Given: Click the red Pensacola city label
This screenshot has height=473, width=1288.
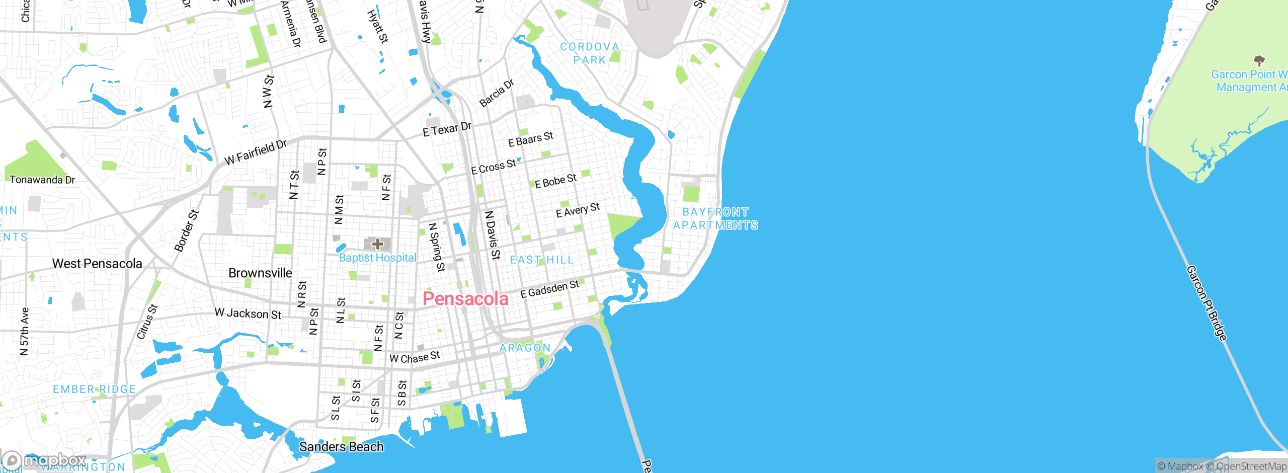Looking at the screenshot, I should [x=465, y=299].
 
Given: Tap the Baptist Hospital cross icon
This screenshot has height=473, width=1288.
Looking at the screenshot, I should [x=377, y=245].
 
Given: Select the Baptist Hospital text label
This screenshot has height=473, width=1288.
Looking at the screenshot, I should [x=377, y=258].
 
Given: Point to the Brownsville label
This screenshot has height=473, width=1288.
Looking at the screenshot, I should [x=260, y=273].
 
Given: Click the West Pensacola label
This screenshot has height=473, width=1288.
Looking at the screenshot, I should [x=97, y=264].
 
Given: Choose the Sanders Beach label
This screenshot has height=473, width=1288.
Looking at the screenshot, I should [x=341, y=447].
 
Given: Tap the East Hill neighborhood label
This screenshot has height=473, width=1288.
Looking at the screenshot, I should [x=542, y=260].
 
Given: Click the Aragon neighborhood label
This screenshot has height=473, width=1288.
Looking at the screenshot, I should [x=525, y=348].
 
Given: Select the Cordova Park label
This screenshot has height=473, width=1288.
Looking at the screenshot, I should [x=590, y=53].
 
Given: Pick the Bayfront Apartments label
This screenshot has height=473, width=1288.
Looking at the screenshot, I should [x=715, y=219].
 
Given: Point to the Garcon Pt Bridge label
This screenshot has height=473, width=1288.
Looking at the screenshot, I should [x=1206, y=303].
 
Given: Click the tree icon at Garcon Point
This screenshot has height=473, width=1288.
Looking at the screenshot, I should [x=1259, y=61].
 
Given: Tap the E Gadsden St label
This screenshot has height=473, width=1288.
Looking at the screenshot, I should [x=549, y=289].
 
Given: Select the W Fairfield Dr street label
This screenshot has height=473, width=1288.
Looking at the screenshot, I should [x=255, y=152].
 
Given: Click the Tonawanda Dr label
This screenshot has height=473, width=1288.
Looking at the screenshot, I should [x=42, y=180].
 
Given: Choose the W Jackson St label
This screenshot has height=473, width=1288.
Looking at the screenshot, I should [x=248, y=314].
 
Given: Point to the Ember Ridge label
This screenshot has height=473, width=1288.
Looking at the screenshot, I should [x=95, y=389].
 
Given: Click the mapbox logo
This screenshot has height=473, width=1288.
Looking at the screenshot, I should [x=44, y=460].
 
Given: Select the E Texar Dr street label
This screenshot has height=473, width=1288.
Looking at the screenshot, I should [x=447, y=129].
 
